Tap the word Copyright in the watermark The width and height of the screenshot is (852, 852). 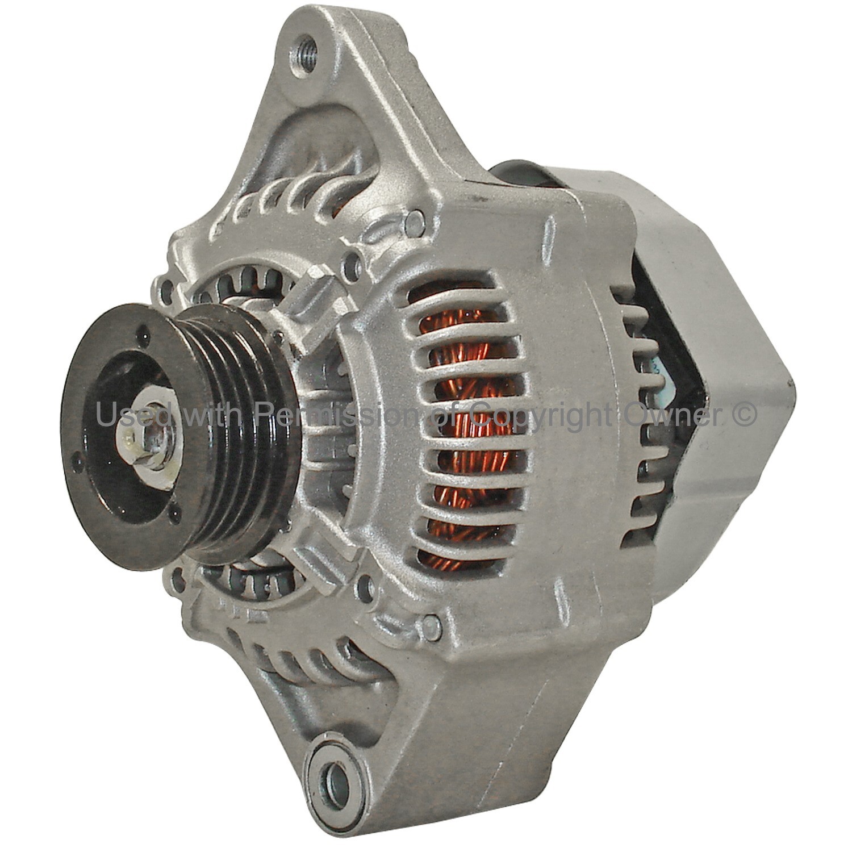point(543,415)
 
